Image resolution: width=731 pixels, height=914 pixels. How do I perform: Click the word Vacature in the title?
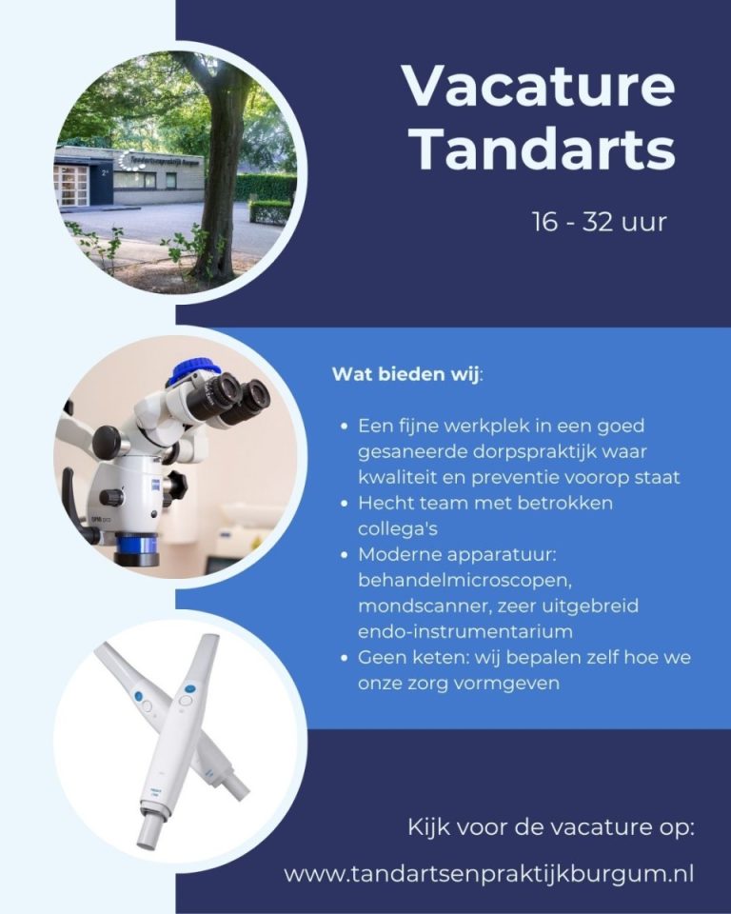coord(538,86)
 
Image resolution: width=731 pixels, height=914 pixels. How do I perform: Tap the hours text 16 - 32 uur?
coord(600,222)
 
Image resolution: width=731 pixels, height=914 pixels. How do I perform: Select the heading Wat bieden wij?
coord(406,373)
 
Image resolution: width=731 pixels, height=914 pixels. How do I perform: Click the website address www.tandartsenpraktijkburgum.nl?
coord(489,874)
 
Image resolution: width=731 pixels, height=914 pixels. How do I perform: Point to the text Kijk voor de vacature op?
coord(551,827)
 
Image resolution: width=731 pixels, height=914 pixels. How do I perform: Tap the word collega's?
coord(398,528)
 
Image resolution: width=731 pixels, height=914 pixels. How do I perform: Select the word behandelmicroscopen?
coord(464,581)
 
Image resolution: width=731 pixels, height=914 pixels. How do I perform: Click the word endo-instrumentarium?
coord(465,631)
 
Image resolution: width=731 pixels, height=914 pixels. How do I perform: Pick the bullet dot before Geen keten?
coord(345,658)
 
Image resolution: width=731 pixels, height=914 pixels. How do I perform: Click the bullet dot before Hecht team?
coord(345,503)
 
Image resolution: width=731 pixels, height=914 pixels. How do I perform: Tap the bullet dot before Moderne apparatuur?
coord(345,554)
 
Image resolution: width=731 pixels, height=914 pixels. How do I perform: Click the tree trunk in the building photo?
coord(221,175)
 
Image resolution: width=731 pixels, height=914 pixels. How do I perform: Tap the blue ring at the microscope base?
coord(136,545)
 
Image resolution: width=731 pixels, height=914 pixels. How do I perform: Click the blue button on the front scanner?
coord(189,689)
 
